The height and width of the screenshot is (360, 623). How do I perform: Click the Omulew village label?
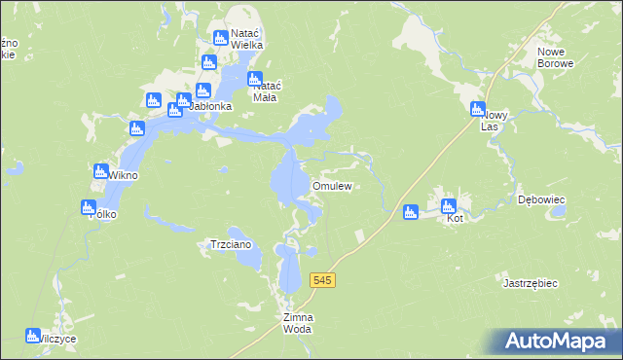[x=331, y=185]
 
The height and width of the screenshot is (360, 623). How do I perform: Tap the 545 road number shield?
[x=323, y=280]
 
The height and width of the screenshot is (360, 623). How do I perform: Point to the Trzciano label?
[x=232, y=245]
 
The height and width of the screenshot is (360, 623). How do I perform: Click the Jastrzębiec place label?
[x=530, y=283]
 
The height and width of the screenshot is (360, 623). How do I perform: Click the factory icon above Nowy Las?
[x=478, y=109]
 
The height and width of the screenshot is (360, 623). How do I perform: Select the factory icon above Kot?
[x=449, y=205]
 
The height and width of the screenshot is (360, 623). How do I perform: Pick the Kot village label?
[x=454, y=219]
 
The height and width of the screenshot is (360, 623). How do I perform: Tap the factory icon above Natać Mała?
[x=255, y=79]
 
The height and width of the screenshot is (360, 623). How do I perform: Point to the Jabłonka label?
[x=205, y=106]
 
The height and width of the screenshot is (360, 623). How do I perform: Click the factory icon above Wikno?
[x=101, y=171]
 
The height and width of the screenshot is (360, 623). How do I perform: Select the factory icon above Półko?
[x=89, y=206]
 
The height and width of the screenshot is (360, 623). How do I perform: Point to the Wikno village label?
[x=123, y=176]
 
